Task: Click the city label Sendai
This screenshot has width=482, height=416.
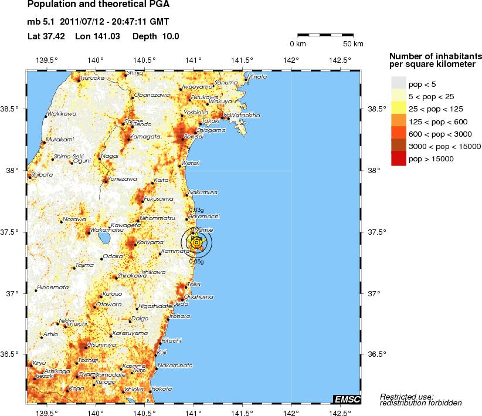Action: (194, 136)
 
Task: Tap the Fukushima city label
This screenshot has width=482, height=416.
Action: (158, 199)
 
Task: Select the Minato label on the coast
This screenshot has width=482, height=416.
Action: (257, 77)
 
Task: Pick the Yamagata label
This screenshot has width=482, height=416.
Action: (145, 136)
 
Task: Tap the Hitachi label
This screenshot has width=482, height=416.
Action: (171, 340)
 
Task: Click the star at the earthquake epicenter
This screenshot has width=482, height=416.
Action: (197, 242)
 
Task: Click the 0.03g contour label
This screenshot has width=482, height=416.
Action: (196, 209)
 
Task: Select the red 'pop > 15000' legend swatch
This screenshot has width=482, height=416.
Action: (399, 158)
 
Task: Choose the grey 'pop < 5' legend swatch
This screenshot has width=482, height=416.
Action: (399, 83)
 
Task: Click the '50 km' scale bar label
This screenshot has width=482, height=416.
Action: (353, 44)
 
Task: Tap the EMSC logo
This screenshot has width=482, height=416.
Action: (347, 400)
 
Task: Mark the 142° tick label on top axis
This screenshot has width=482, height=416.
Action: (291, 60)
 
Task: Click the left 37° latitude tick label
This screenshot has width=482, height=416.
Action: (15, 293)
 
